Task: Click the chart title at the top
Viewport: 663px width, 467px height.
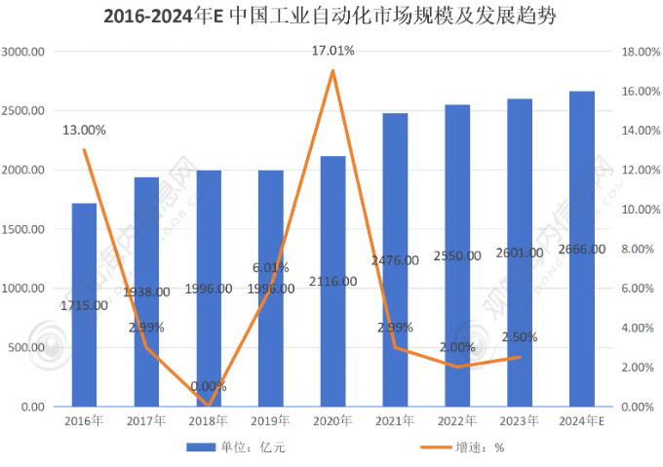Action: (x=331, y=17)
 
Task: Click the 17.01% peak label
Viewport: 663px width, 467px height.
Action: (x=332, y=50)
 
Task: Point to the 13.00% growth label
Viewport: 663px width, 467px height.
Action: (x=84, y=130)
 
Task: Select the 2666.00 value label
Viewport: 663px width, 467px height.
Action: (x=581, y=250)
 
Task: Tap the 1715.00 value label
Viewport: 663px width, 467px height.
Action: (x=84, y=306)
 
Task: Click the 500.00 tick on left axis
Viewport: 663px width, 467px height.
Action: (x=25, y=347)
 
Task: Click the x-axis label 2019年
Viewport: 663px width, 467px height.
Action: (x=270, y=420)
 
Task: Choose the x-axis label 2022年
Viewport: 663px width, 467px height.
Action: (x=456, y=420)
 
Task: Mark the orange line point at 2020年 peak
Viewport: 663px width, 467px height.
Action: (x=333, y=70)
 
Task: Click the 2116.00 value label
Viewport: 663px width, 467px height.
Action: (x=332, y=282)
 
